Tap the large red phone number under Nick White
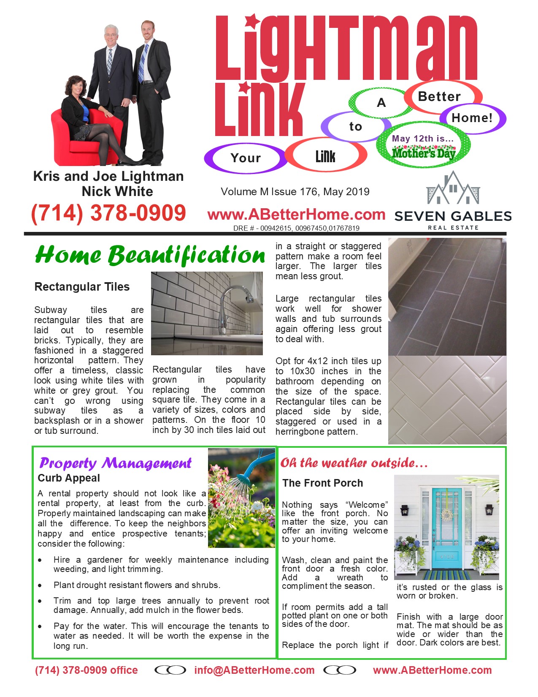pos(108,212)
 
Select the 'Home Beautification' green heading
pos(150,255)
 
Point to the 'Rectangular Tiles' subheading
pos(82,287)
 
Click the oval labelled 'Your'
pos(246,158)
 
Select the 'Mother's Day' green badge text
pos(423,153)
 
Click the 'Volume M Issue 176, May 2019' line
pos(295,192)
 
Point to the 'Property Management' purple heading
pos(116,463)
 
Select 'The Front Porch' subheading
pos(322,483)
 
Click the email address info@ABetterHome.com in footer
pos(254,670)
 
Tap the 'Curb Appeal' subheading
pos(69,478)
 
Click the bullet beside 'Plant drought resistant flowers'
pos(40,586)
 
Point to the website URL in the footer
pos(433,670)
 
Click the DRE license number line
pos(296,228)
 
